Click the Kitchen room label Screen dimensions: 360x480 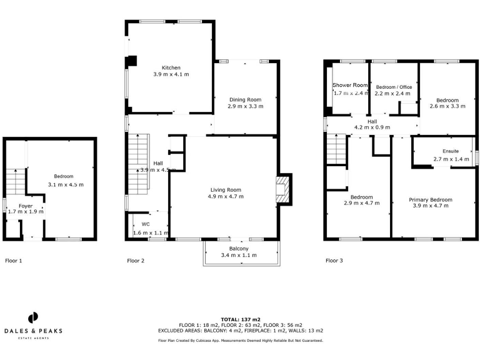tap(171, 67)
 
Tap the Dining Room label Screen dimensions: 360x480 tap(245, 99)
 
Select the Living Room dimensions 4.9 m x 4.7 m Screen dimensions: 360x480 tap(226, 196)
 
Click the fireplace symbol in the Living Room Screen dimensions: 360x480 tap(283, 189)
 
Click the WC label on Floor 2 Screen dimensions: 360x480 tap(146, 223)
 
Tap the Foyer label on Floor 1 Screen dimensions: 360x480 tap(25, 205)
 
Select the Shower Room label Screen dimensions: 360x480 tap(350, 85)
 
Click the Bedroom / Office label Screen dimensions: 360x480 tap(393, 86)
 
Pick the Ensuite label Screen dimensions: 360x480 tap(451, 151)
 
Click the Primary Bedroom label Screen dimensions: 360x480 tap(431, 199)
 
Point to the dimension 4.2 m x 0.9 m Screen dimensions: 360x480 tap(372, 127)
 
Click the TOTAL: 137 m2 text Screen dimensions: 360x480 tap(240, 319)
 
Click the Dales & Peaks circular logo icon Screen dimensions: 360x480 tap(33, 317)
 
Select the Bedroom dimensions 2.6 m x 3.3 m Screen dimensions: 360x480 tap(447, 107)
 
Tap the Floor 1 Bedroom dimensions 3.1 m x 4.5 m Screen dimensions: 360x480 tap(66, 184)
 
